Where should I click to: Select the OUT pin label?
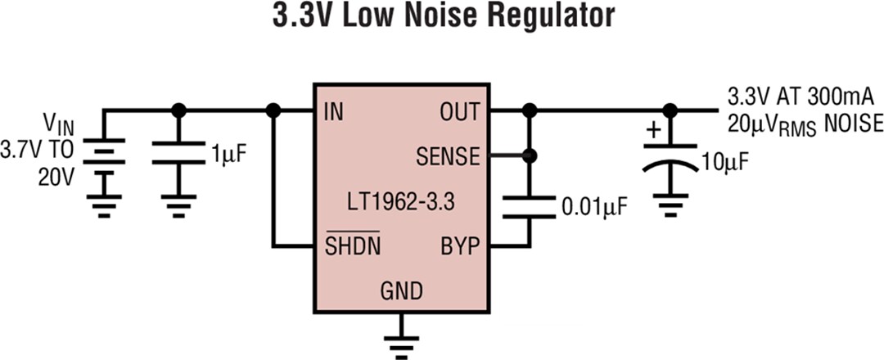[461, 111]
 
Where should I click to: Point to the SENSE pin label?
[448, 155]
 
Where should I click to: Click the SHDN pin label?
[353, 245]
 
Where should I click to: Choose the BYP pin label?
[459, 245]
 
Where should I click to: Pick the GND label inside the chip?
[401, 290]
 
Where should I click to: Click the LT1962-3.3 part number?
[401, 200]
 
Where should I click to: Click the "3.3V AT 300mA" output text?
[800, 98]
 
